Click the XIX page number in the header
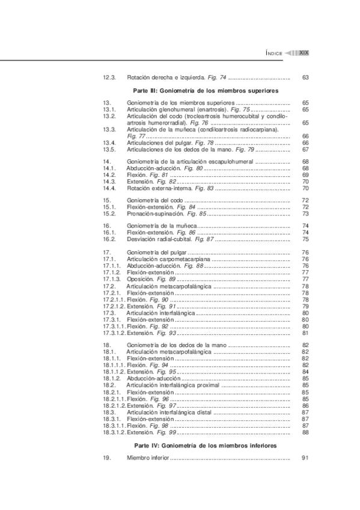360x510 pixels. coord(304,53)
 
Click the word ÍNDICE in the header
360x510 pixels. coord(274,53)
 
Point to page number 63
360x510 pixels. coord(305,77)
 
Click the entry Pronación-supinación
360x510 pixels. coord(153,213)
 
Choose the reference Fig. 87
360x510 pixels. coord(203,239)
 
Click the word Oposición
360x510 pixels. coord(140,279)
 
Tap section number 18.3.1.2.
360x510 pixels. coord(114,432)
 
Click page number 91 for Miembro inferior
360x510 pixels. coord(305,458)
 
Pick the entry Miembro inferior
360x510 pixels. coord(148,458)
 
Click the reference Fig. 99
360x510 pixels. coord(165,432)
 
